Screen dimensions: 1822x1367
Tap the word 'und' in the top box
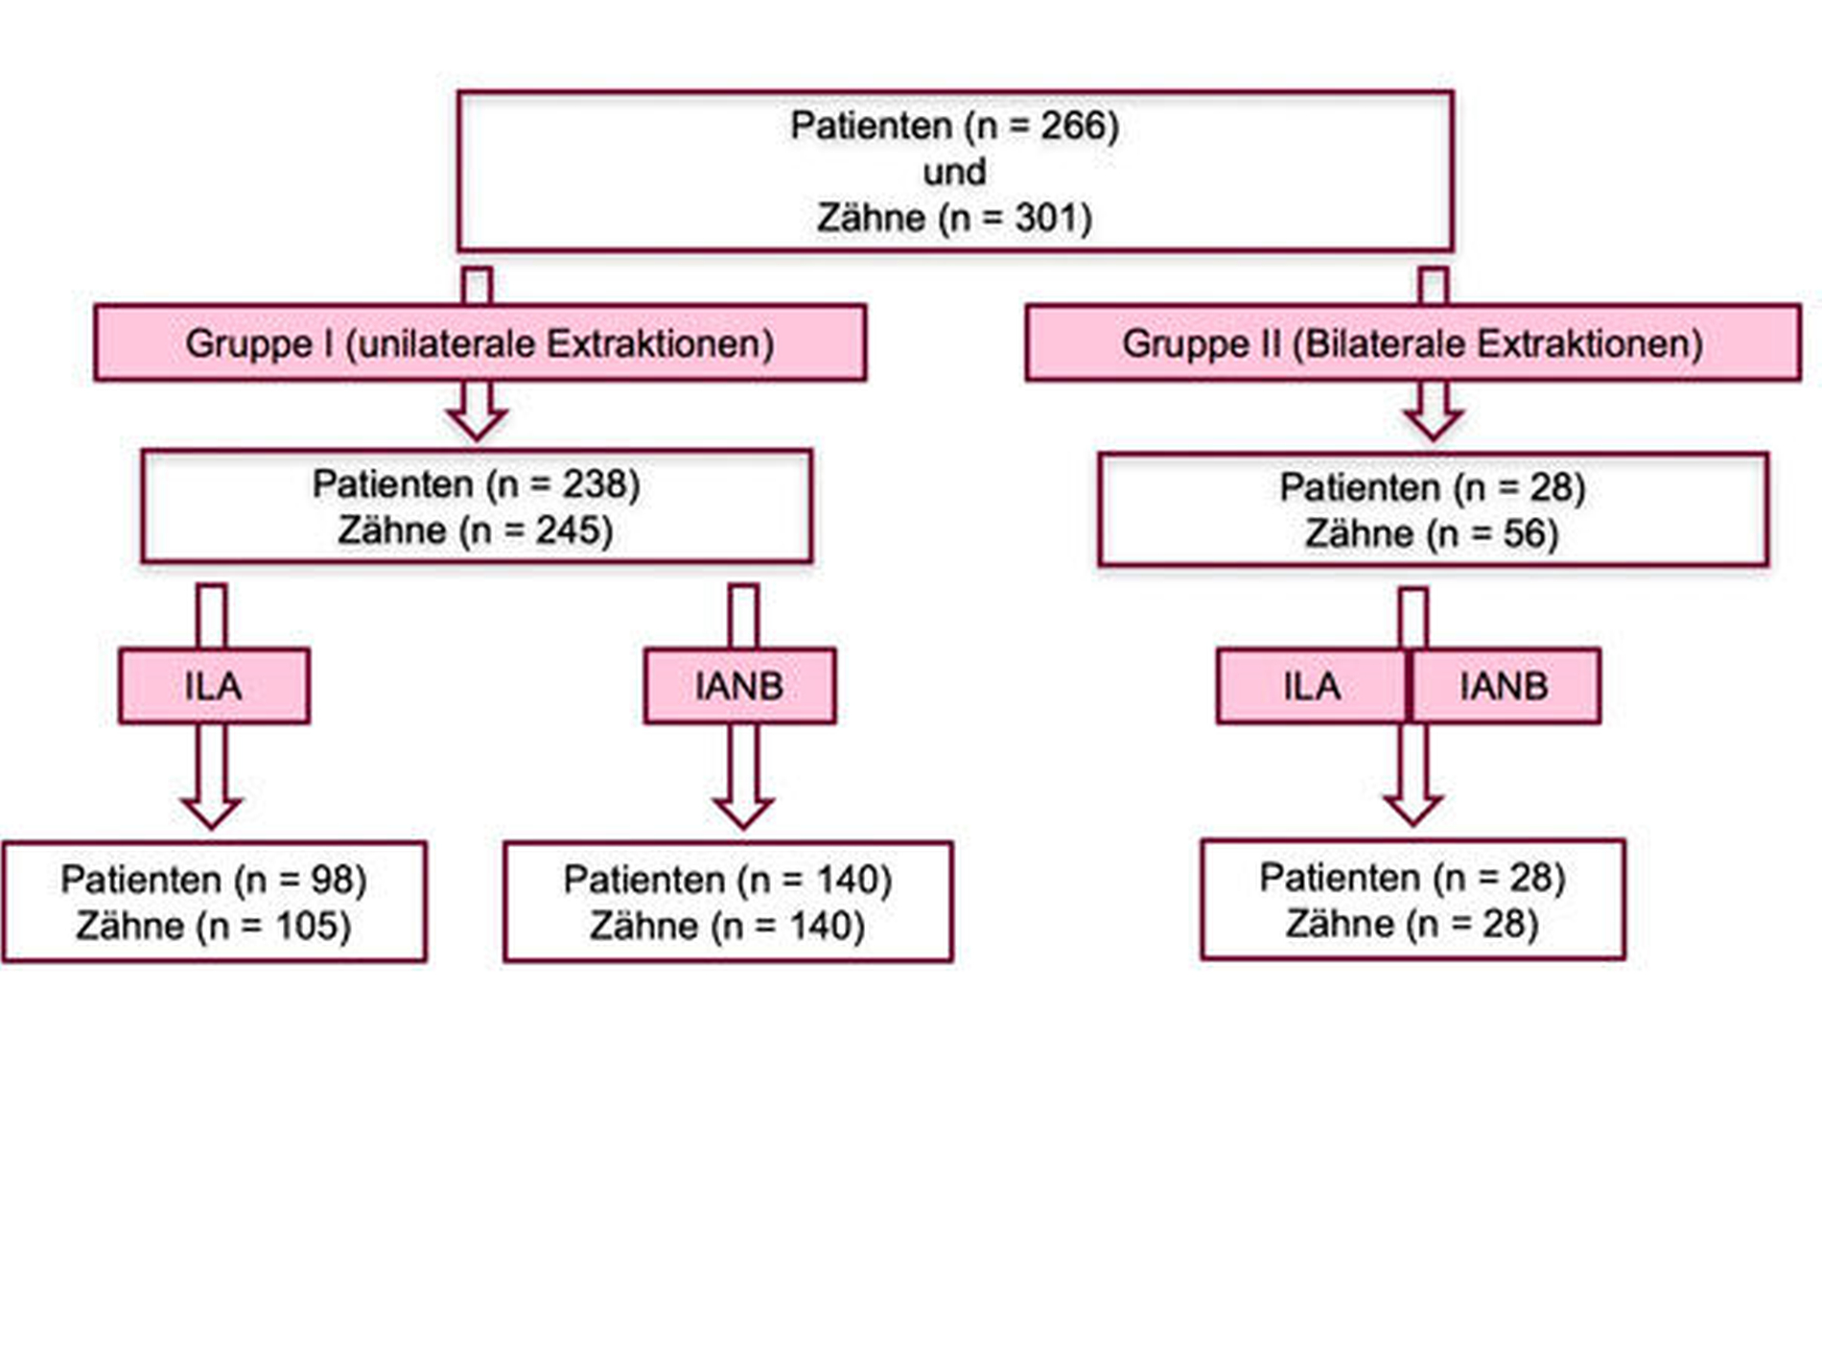click(x=954, y=172)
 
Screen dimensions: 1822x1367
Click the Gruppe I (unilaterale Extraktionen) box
click(x=480, y=342)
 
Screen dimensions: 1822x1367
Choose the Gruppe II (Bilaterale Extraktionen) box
click(x=1413, y=342)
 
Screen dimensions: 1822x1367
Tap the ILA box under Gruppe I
click(x=214, y=686)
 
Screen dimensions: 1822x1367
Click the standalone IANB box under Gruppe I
click(x=739, y=686)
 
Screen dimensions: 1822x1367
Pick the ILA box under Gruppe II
click(x=1312, y=686)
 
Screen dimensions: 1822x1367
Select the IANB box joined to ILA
click(x=1505, y=686)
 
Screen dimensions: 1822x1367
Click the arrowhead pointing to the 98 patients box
click(x=211, y=812)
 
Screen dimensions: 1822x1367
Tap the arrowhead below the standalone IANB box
click(x=742, y=812)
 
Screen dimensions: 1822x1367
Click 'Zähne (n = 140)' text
click(x=728, y=926)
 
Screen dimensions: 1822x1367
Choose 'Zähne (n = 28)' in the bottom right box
click(x=1413, y=924)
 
